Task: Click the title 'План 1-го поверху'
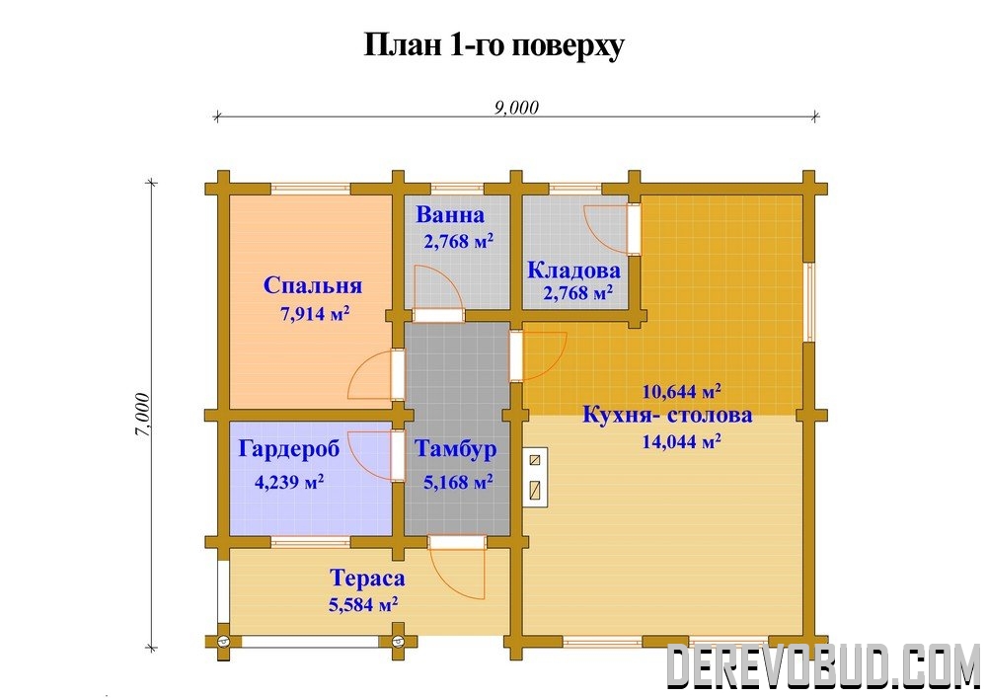pos(494,44)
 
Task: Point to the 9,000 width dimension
pos(516,108)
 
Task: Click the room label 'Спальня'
pos(313,285)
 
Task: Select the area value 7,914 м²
pos(315,313)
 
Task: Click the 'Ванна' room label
pos(450,215)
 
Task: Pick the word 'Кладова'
pos(573,270)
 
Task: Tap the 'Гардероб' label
pos(289,448)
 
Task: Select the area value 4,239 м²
pos(289,482)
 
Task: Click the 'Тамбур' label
pos(455,449)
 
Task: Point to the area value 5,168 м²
pos(458,482)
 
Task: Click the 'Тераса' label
pos(367,578)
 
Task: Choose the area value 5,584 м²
pos(363,605)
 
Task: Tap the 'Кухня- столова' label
pos(667,416)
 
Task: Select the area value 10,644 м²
pos(681,392)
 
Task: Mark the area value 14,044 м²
pos(681,441)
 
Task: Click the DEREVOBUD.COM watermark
pos(823,665)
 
